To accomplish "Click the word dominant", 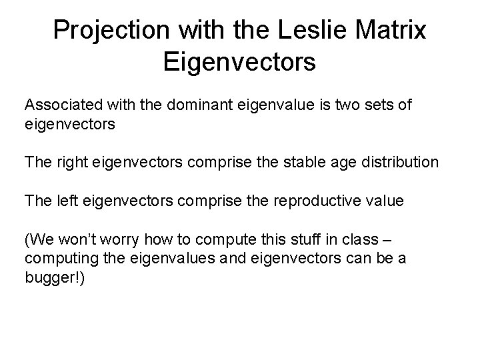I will (x=189, y=105).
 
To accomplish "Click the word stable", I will (x=276, y=162).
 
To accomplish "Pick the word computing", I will (x=56, y=257).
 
